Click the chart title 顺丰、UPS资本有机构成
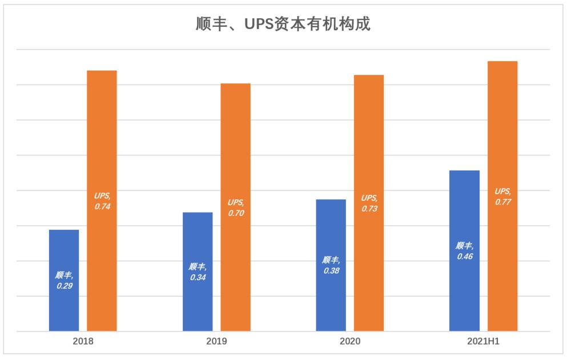point(283,25)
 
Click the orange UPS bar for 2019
point(235,143)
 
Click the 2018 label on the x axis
point(83,342)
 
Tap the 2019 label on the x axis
point(216,342)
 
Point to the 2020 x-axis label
point(350,342)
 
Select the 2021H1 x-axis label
point(483,342)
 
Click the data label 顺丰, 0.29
point(65,280)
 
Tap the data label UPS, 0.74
point(102,201)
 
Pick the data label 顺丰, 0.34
point(198,272)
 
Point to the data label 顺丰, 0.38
point(331,265)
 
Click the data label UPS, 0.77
point(502,197)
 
